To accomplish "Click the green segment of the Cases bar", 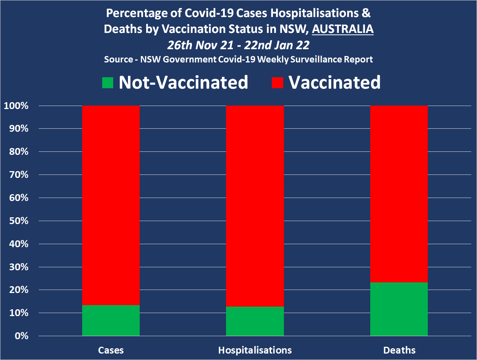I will click(x=111, y=320).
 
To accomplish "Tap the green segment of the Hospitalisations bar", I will click(x=255, y=321).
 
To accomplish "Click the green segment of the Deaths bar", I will click(x=399, y=309).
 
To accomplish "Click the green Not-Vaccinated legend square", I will click(x=108, y=83).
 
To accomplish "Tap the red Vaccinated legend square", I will click(x=277, y=83).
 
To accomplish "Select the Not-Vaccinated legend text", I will click(x=183, y=82).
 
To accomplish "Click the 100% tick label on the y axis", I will click(x=16, y=106).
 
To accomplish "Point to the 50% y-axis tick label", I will click(x=18, y=221).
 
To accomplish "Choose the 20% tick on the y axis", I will click(x=18, y=290).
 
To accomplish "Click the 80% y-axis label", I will click(x=18, y=152).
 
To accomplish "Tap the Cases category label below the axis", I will click(x=111, y=350).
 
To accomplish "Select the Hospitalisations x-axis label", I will click(x=255, y=350).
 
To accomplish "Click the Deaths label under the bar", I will click(x=399, y=350).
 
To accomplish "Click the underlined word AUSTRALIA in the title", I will click(x=343, y=29).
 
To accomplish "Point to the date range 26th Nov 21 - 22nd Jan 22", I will click(x=238, y=45).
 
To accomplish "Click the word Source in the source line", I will click(x=118, y=59).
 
